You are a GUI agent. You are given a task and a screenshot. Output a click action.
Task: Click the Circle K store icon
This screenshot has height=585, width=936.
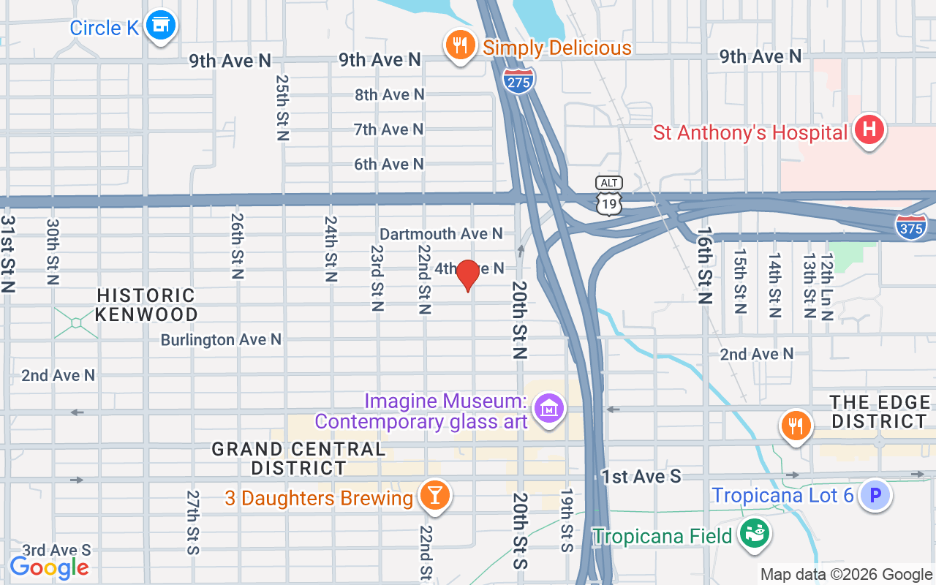159,26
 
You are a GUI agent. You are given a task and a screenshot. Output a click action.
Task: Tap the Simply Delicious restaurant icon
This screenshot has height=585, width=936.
459,46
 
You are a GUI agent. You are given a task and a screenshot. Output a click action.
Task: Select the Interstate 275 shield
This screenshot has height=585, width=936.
518,80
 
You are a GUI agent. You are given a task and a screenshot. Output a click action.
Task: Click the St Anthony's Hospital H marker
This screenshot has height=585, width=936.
869,131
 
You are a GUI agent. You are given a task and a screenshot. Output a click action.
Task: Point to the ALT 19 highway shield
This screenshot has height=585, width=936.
608,196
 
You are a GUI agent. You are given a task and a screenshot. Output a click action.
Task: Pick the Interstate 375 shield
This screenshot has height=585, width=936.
910,227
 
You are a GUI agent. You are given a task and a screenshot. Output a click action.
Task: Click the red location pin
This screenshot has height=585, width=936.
467,275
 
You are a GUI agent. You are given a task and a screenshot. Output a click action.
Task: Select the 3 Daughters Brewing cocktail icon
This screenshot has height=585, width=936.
434,496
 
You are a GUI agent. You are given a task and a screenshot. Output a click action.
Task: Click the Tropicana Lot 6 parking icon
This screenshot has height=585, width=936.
875,496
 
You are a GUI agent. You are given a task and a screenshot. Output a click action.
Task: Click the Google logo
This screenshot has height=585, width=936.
49,567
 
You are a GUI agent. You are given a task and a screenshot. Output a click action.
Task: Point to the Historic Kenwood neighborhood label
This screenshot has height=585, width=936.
147,305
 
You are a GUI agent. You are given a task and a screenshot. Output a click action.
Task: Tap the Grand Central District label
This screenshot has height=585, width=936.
298,458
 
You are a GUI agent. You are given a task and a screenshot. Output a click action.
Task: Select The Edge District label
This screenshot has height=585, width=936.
880,412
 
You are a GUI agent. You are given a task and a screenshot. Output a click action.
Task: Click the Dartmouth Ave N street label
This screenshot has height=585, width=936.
441,234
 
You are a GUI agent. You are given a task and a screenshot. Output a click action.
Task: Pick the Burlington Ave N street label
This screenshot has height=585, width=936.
221,340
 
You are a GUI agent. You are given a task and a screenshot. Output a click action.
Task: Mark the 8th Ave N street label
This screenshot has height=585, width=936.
389,95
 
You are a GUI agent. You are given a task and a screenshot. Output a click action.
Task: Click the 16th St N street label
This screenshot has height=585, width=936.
704,265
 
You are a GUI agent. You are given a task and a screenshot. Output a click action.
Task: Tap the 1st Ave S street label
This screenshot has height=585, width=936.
641,477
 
